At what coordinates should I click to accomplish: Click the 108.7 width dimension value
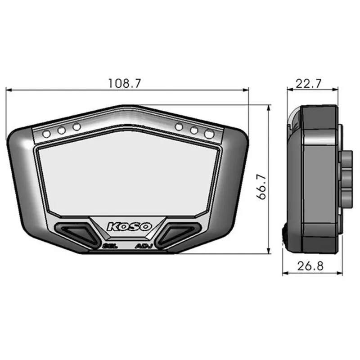(125, 83)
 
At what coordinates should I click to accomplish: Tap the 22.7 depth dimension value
(311, 83)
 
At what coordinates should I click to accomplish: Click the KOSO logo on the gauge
(129, 226)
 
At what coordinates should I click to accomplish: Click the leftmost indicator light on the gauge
(46, 134)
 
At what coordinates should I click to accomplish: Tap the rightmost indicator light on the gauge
(209, 134)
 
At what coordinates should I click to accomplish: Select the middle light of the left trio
(62, 130)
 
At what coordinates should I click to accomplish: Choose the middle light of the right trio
(194, 130)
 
